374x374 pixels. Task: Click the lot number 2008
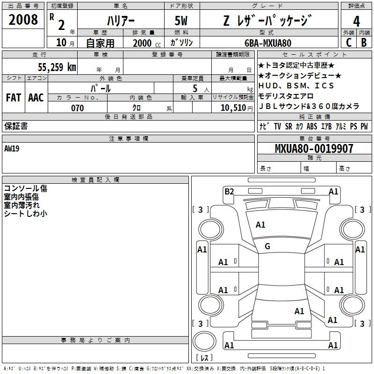click(23, 20)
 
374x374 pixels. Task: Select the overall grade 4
click(356, 22)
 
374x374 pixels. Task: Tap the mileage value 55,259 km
click(57, 67)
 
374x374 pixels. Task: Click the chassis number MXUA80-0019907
click(314, 148)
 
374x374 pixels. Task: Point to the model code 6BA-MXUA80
click(268, 43)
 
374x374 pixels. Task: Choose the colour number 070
click(78, 108)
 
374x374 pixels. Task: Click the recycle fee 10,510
click(233, 108)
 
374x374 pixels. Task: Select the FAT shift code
click(14, 98)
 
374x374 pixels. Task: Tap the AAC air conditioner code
click(36, 98)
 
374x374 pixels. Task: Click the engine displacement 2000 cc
click(147, 43)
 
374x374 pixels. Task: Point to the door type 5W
click(181, 21)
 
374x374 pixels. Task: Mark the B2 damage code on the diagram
click(229, 191)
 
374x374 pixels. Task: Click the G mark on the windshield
click(267, 246)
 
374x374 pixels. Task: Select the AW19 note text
click(12, 149)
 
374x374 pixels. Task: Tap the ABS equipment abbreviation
click(312, 126)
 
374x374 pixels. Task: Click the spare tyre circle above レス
click(204, 341)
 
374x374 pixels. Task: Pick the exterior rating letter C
click(349, 43)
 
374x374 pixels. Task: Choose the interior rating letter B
click(364, 43)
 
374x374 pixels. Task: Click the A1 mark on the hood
click(260, 225)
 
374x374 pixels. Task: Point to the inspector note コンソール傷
click(26, 188)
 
